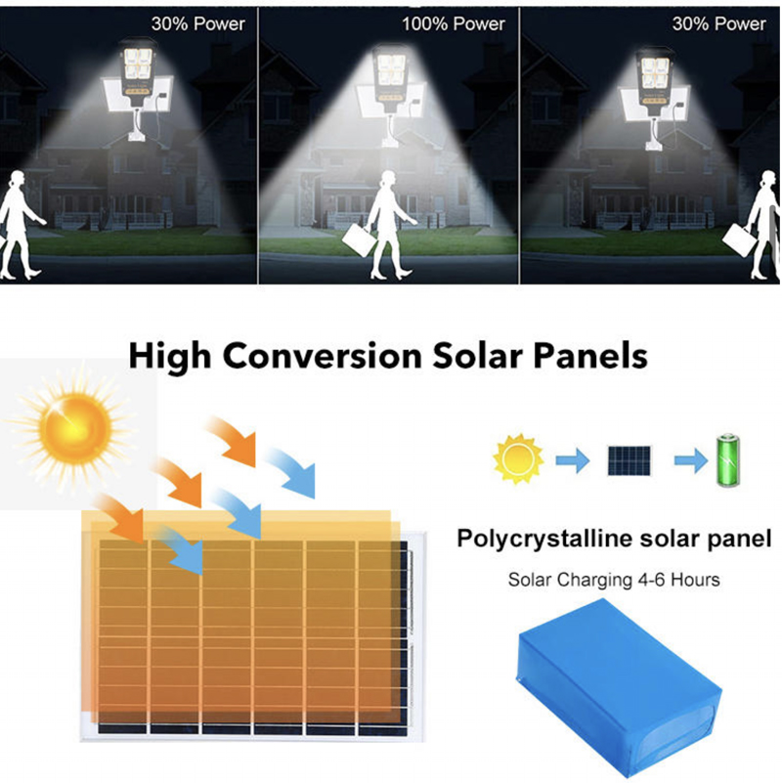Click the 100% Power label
[x=454, y=24]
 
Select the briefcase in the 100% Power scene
[x=359, y=239]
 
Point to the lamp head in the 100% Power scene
[x=391, y=75]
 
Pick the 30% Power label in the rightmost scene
[x=718, y=24]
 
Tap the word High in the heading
[x=170, y=357]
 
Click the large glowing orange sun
[x=75, y=428]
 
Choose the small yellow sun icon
[x=518, y=458]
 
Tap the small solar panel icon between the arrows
[x=630, y=460]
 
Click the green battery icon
[x=728, y=460]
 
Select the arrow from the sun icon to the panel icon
[x=573, y=459]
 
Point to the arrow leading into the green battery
[x=691, y=459]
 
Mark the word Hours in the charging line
[x=695, y=580]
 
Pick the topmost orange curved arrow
[x=233, y=440]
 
